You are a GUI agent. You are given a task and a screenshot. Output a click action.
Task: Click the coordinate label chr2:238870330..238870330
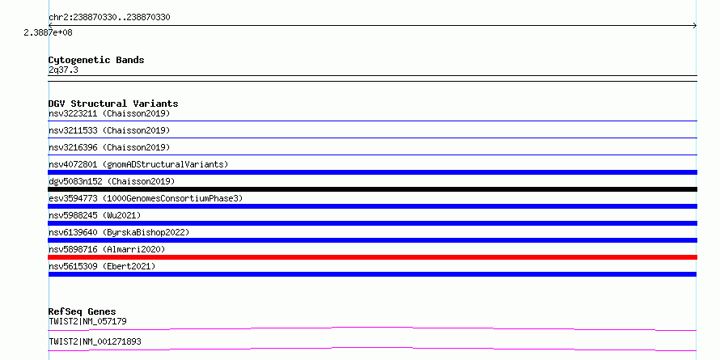109,18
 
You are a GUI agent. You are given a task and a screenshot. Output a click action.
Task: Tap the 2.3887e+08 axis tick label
49,32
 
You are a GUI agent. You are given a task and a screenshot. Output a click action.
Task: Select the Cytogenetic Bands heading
96,60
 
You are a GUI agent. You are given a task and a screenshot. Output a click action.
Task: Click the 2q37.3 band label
63,70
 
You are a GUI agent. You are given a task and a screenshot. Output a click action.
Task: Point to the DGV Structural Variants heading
113,104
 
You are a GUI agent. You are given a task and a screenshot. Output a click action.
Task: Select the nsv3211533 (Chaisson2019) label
109,130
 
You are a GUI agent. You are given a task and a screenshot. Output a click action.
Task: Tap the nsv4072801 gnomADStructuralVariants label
138,164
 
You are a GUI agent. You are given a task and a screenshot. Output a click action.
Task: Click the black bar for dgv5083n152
372,189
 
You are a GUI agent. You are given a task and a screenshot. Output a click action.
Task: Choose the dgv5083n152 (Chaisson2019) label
112,181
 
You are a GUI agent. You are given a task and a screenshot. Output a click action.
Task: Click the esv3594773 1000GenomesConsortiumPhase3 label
146,198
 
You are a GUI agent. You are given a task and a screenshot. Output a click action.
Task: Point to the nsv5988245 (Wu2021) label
95,215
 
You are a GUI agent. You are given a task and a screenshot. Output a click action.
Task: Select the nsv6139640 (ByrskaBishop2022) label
119,232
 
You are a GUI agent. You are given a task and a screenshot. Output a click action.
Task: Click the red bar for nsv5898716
372,257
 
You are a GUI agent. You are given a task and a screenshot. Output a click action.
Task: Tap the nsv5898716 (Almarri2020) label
107,249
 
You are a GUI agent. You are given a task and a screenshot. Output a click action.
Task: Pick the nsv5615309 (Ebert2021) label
102,266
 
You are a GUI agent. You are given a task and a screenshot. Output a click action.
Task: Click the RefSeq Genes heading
83,311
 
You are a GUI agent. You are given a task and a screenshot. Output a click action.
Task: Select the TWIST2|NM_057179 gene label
87,321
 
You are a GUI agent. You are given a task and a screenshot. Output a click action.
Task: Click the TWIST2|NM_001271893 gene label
95,341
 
